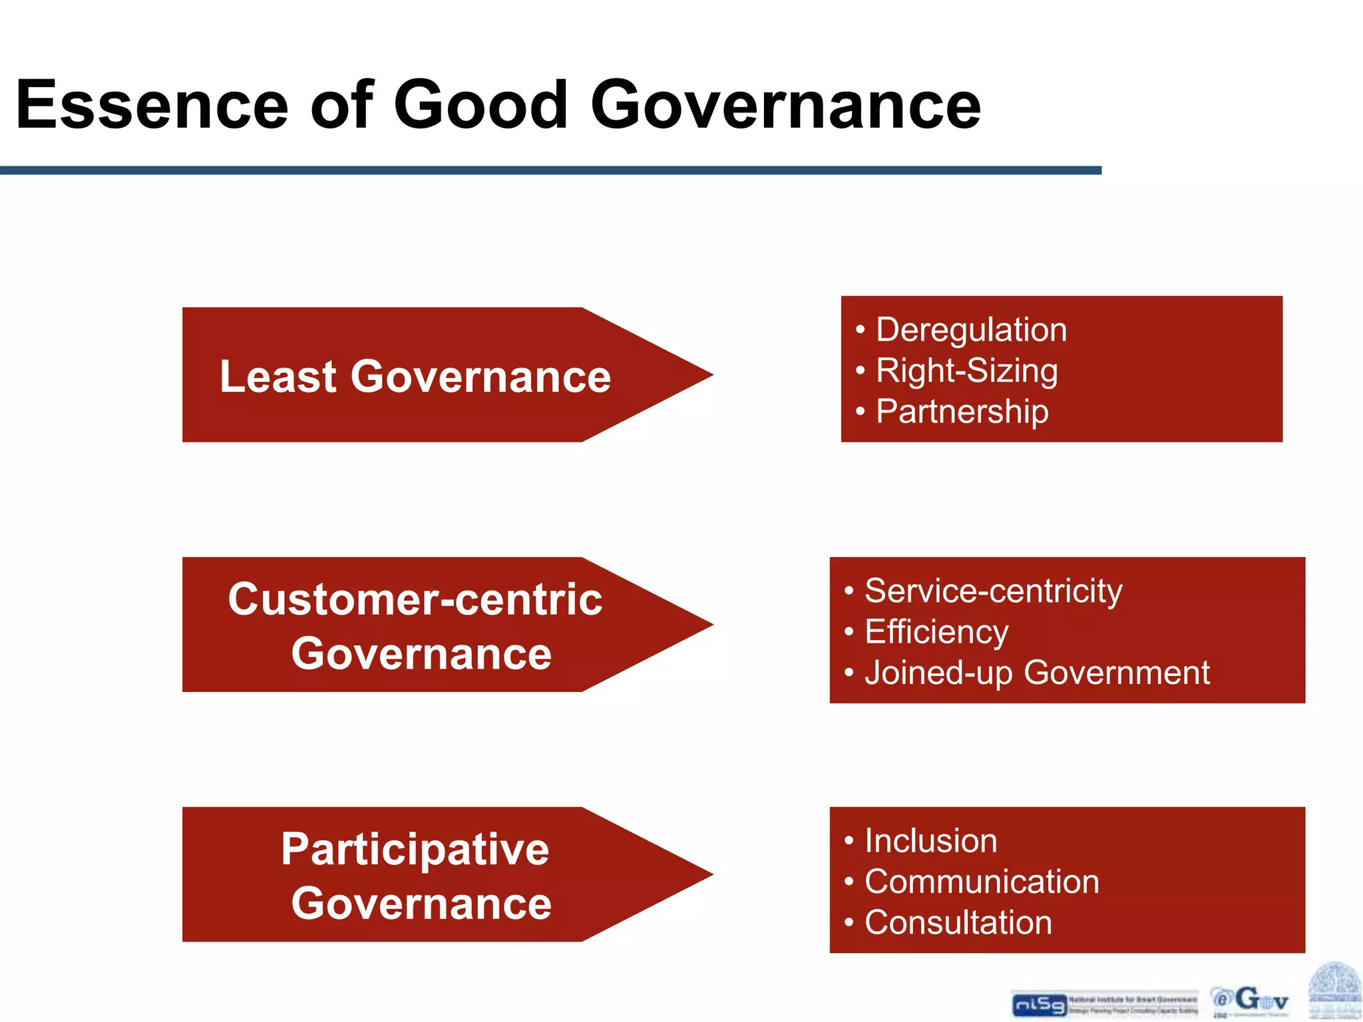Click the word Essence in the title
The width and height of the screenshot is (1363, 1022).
[152, 105]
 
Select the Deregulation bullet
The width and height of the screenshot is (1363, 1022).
[971, 330]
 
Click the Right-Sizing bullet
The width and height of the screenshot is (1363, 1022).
[966, 371]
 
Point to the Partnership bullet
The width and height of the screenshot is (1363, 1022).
[962, 412]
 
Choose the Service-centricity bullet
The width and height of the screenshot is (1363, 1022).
[993, 591]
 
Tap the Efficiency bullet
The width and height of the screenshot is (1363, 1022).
[936, 632]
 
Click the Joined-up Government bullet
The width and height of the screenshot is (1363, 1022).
[1036, 673]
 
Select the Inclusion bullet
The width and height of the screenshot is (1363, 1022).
[930, 841]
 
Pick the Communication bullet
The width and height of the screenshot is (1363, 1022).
[981, 882]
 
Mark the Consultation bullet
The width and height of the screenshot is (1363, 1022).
[958, 923]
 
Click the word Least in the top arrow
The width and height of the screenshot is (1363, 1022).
[278, 377]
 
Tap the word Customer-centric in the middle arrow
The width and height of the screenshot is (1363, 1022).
[415, 599]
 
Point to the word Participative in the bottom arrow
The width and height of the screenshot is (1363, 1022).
[415, 849]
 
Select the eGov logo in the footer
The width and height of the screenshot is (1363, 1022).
[1250, 1001]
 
